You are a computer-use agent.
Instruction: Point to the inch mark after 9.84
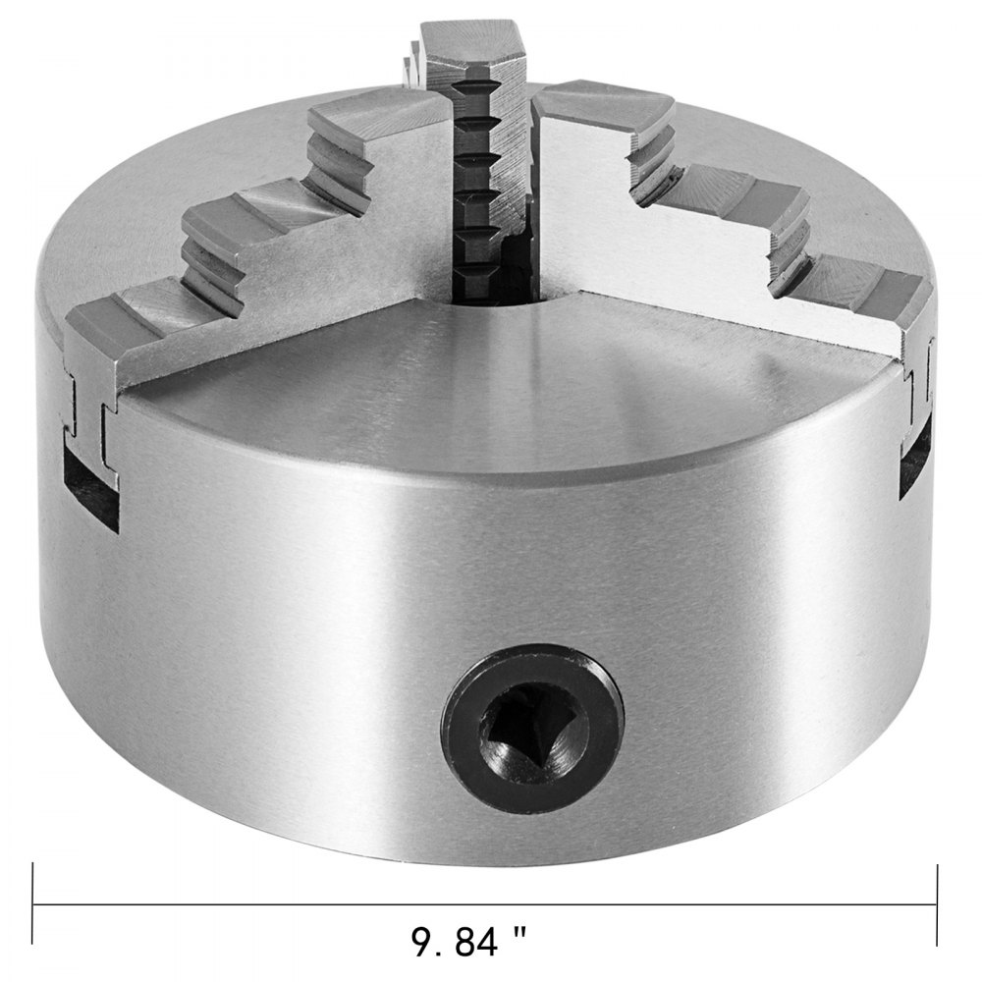(x=519, y=940)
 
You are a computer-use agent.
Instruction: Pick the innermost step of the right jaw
(x=589, y=108)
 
